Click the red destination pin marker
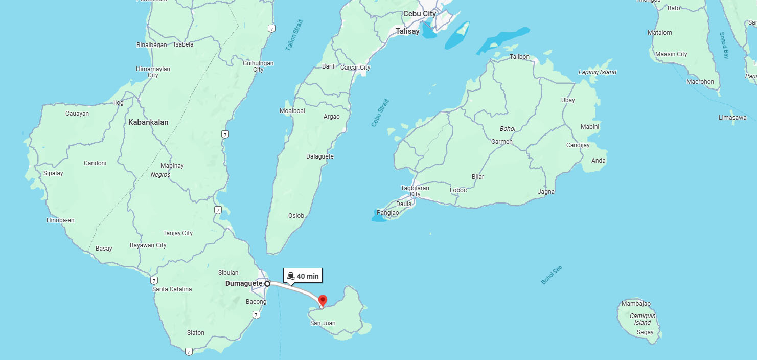323,301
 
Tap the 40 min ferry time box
303,276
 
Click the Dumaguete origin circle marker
267,283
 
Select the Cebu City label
420,14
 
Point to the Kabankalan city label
148,122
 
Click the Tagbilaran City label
415,191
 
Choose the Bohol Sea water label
552,275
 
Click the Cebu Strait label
380,113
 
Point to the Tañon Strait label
294,35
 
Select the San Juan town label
323,323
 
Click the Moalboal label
292,111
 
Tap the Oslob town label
296,216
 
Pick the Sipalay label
53,173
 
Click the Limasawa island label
732,118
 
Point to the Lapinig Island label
597,72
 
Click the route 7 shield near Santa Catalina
154,280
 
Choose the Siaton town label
195,333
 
